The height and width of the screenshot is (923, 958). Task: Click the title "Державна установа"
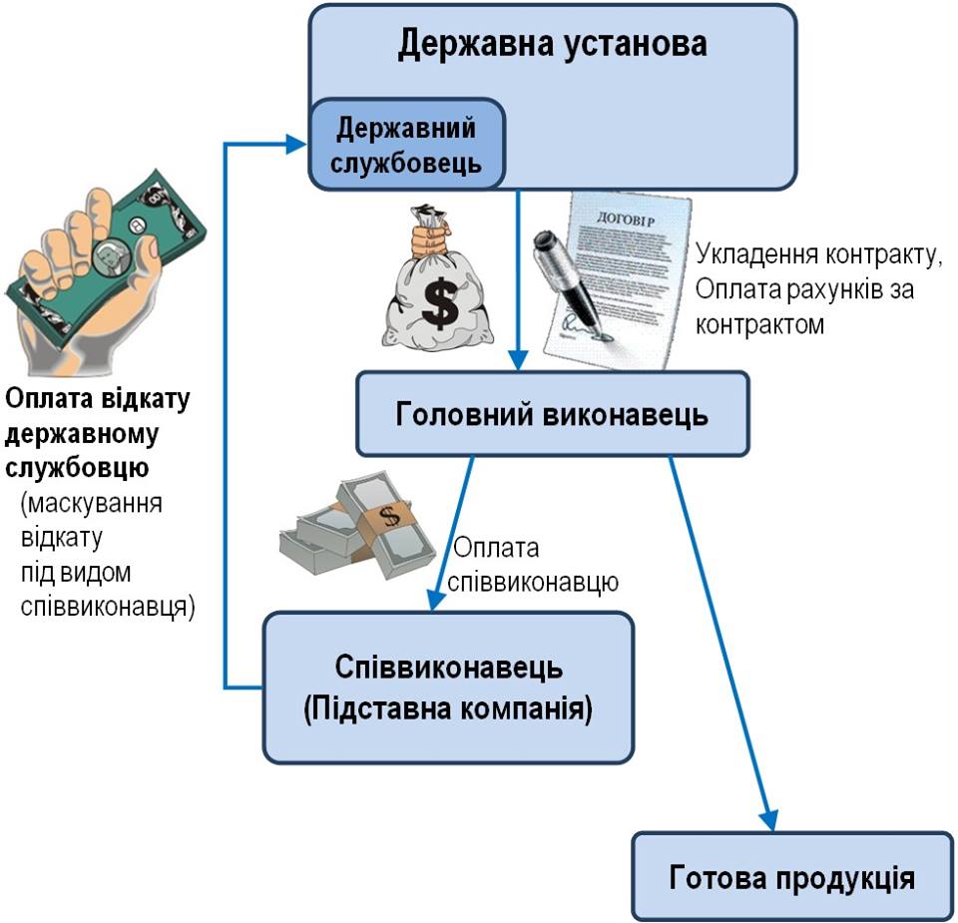tap(552, 43)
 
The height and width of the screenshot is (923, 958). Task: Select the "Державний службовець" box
tap(407, 144)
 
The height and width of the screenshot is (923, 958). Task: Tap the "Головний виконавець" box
tap(552, 413)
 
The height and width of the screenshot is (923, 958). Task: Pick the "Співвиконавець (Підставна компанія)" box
tap(448, 688)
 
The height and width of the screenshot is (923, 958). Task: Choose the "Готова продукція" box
tap(792, 876)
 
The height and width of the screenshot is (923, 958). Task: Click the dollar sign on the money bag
tap(440, 301)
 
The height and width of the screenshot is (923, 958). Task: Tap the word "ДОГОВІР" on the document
tap(625, 219)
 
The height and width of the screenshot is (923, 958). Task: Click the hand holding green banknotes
tap(104, 268)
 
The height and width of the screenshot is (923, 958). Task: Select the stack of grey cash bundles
tap(357, 525)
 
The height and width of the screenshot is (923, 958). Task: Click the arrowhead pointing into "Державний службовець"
tap(296, 144)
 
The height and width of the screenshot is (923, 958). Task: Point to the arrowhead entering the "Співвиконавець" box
tap(434, 601)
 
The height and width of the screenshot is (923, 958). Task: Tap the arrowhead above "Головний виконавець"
tap(518, 360)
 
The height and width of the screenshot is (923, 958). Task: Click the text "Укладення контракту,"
tap(818, 254)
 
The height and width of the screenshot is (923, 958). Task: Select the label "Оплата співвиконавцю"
tap(532, 565)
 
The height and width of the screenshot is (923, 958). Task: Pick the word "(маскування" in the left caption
tap(91, 503)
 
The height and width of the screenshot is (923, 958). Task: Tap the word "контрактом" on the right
tap(759, 324)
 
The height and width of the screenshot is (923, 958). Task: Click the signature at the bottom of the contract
tap(578, 324)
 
